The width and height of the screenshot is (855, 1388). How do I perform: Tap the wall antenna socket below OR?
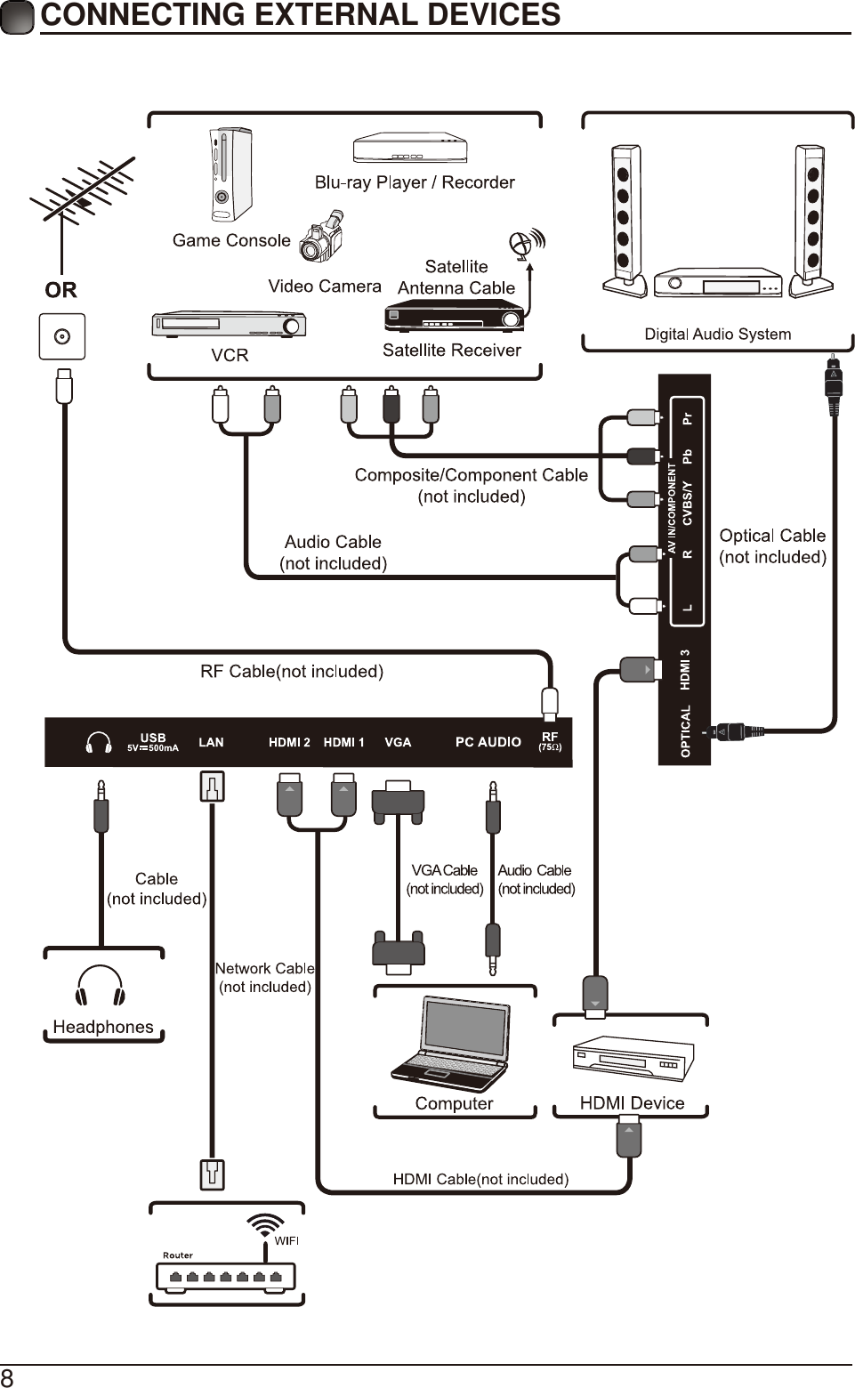click(x=61, y=336)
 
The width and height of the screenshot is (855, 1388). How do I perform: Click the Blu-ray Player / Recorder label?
click(x=415, y=182)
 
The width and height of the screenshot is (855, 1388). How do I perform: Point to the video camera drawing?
click(x=322, y=237)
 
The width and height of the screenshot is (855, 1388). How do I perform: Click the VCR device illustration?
click(x=229, y=324)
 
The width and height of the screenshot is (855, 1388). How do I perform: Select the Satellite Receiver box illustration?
click(x=454, y=316)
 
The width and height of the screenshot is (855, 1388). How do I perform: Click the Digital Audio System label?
click(x=717, y=335)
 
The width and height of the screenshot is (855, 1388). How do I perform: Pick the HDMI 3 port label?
click(x=685, y=669)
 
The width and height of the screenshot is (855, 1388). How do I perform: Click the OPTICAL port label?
click(x=685, y=731)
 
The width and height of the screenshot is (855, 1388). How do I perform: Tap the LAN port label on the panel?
click(x=211, y=742)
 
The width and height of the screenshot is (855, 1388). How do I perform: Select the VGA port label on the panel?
click(x=398, y=742)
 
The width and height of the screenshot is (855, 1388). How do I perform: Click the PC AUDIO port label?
click(x=488, y=742)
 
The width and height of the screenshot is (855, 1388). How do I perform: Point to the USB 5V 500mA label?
click(x=153, y=742)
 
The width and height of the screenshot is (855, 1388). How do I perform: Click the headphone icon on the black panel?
click(x=98, y=742)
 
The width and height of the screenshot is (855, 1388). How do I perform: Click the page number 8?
click(x=7, y=1377)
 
